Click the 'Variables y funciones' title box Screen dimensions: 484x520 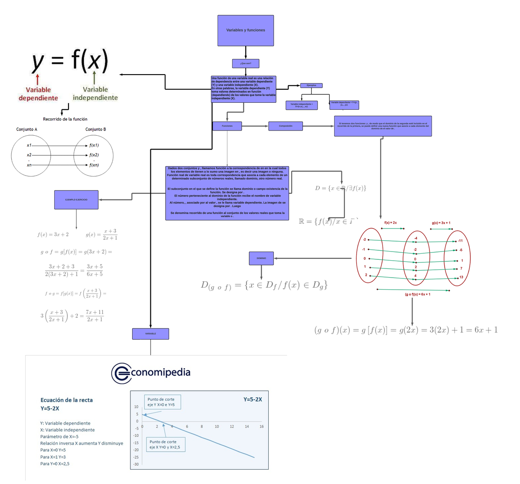coord(245,30)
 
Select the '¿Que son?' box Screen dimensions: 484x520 coord(246,63)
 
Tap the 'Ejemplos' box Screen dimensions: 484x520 coord(311,85)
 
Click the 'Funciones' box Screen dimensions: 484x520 coord(227,126)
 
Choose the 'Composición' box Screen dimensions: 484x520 coord(285,126)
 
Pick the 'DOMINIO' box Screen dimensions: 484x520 coord(261,258)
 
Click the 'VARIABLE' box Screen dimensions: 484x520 coord(150,334)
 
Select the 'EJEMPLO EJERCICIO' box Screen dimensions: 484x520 coord(76,199)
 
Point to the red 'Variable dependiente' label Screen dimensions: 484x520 coord(38,94)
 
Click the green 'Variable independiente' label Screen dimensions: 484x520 coord(95,94)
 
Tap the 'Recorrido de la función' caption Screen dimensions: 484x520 coord(65,119)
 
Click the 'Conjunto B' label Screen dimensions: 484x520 coord(96,129)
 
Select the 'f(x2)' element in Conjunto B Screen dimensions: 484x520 coord(94,155)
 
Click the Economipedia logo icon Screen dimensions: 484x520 coord(121,373)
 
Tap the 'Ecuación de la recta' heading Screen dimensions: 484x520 coord(66,400)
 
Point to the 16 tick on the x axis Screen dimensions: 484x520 coord(262,427)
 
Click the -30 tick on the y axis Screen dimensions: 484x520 coord(136,464)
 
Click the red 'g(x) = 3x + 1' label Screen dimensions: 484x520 coord(441,223)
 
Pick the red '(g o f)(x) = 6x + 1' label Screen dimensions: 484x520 coord(417,294)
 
